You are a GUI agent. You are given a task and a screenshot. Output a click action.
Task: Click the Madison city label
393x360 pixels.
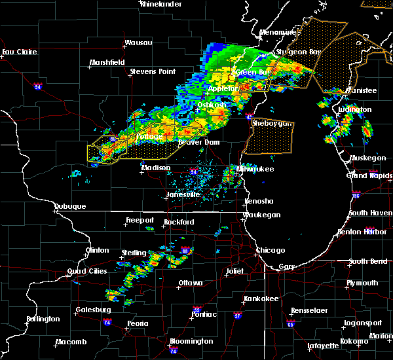[x=156, y=168]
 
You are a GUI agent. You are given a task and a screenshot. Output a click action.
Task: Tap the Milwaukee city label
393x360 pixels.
[x=256, y=168]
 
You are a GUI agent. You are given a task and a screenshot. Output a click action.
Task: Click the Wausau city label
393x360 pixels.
[x=138, y=43]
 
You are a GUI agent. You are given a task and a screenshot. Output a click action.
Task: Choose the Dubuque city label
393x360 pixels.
[x=70, y=206]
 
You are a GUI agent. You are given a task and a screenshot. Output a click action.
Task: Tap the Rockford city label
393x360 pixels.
[x=179, y=222]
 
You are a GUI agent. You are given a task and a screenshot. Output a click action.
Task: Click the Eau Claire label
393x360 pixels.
[x=18, y=52]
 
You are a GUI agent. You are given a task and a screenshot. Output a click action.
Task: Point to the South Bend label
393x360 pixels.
[x=367, y=261]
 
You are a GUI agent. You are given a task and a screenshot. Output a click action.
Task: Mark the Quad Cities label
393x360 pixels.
[x=85, y=272]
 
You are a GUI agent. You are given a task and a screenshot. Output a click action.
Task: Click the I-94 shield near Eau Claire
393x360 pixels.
[x=38, y=86]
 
